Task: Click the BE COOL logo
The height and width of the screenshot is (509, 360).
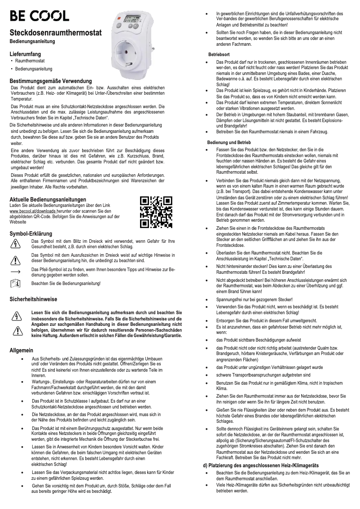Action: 40,16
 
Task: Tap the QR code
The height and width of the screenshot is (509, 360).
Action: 156,211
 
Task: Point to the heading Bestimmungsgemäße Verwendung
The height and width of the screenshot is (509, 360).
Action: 51,81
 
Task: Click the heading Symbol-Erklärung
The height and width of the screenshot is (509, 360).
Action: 31,234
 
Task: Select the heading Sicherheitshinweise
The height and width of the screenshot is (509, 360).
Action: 33,299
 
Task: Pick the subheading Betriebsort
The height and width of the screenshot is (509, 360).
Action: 219,54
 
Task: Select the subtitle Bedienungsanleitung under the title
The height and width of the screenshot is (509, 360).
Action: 33,41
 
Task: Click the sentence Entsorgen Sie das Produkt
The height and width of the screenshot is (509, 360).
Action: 260,320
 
